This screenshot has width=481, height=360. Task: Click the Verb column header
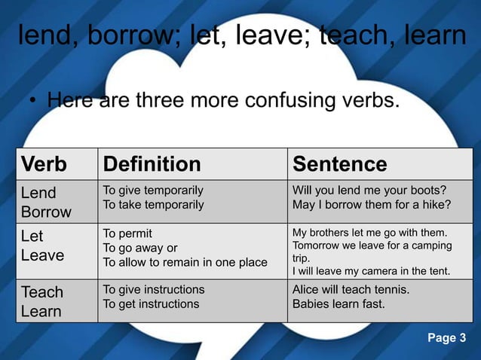coord(44,164)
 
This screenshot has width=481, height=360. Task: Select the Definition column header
coord(152,164)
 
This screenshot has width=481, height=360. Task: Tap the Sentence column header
coord(339,164)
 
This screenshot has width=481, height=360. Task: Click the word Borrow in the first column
coord(46,212)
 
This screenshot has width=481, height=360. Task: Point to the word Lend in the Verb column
coord(38,193)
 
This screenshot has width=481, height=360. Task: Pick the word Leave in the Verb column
coord(42,255)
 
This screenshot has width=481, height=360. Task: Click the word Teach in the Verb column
coord(42,291)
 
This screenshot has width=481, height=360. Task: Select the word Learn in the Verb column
coord(41,311)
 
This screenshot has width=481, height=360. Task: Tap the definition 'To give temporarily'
coord(153,190)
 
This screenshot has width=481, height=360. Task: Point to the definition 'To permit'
coord(127,233)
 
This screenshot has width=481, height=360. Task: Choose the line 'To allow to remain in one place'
coord(185,262)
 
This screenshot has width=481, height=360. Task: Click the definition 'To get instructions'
coord(151,304)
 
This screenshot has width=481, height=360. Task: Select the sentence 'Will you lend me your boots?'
coord(369,190)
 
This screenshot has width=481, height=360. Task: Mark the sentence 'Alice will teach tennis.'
coord(351,289)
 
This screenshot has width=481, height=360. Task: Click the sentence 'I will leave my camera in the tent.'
coord(370,271)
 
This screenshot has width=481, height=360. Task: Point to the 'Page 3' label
coord(446,337)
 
